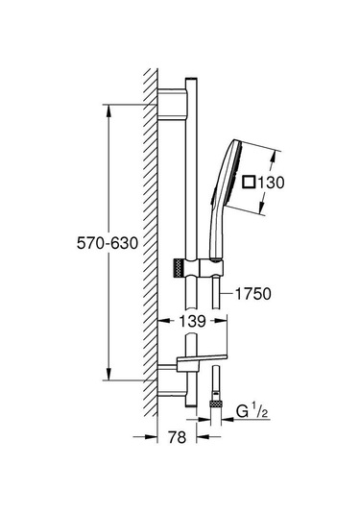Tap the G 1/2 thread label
tap(252, 415)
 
